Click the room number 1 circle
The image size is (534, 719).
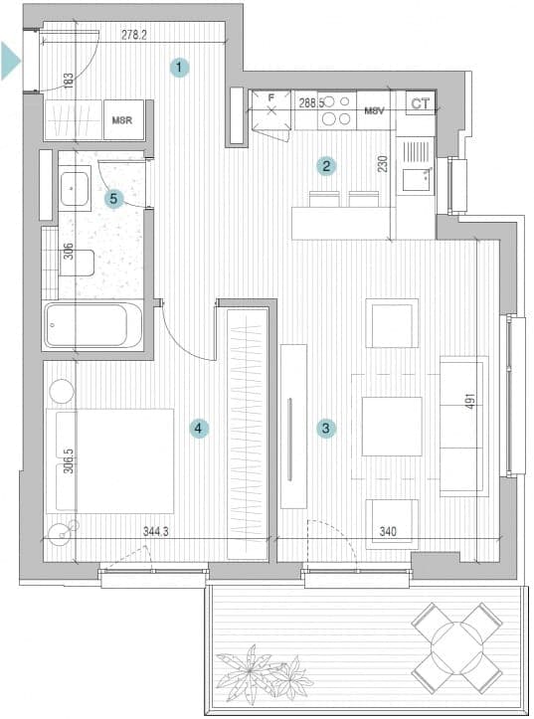point(179,68)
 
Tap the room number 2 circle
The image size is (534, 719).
point(326,165)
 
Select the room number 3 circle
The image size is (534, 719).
point(326,429)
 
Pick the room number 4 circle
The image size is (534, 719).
point(199,429)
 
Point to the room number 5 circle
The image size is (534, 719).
point(113,199)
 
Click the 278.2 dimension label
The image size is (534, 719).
point(134,35)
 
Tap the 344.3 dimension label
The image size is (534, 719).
point(156,531)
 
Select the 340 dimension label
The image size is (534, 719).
point(388,531)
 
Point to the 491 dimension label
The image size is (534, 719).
point(469,400)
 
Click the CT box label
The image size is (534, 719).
point(421,103)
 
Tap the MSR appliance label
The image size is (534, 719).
point(122,120)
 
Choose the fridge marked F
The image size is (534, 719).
point(271,110)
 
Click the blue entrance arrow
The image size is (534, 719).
point(11,61)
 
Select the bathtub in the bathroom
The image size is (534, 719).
point(92,325)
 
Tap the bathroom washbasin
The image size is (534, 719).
point(74,189)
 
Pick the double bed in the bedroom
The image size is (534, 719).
point(110,461)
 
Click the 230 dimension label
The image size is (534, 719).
point(383,164)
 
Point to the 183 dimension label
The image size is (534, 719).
point(68,81)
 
